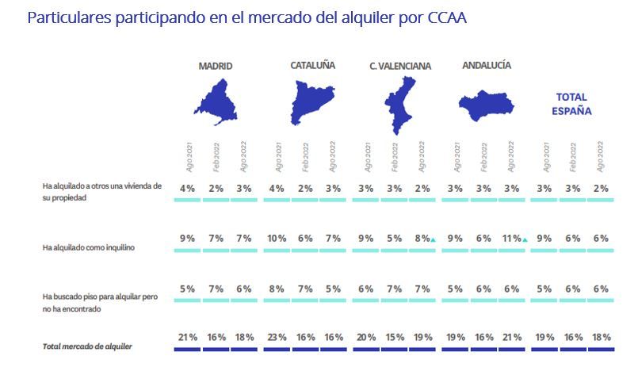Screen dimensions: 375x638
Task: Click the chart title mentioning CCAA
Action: (x=246, y=17)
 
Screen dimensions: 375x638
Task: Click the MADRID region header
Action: (x=216, y=67)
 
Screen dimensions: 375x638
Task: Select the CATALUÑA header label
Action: (x=312, y=66)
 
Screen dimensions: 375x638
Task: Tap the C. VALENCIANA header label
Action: (x=400, y=67)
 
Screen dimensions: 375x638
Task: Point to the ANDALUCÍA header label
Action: (x=487, y=66)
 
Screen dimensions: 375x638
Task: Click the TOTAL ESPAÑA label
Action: (x=571, y=104)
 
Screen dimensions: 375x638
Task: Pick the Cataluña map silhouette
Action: (x=311, y=103)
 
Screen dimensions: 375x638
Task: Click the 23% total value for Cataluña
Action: (x=277, y=337)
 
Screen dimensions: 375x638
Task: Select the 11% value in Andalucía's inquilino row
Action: (x=511, y=238)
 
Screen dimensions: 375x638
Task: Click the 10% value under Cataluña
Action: (x=277, y=238)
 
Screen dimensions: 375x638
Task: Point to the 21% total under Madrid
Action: (x=186, y=337)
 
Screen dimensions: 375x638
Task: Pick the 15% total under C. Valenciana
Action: (x=394, y=337)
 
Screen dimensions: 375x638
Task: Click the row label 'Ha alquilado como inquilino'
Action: (x=89, y=247)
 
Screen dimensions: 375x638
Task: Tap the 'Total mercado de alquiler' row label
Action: (x=88, y=347)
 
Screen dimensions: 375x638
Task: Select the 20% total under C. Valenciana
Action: (x=366, y=337)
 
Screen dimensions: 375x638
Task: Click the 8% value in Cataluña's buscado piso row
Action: (x=277, y=289)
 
